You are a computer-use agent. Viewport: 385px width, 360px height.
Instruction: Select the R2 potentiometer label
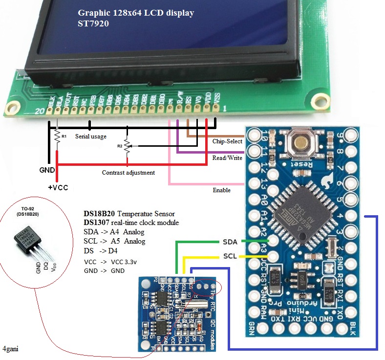point(119,146)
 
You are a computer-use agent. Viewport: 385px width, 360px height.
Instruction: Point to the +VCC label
point(58,188)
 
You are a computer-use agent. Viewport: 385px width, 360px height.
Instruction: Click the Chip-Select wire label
point(227,141)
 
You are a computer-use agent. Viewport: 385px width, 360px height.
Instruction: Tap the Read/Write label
point(227,158)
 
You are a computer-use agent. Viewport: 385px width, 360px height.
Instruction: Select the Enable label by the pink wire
point(222,189)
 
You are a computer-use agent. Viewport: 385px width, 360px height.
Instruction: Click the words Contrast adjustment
point(128,172)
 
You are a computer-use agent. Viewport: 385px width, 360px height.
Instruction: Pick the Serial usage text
point(91,136)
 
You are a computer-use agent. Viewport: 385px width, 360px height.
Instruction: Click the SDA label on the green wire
point(230,242)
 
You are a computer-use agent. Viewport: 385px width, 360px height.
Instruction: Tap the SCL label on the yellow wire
point(230,256)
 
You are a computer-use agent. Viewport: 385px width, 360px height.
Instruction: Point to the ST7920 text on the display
point(93,23)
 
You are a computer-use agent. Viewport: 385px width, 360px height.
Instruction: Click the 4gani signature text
point(11,349)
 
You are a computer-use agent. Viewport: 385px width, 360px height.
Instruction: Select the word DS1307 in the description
point(96,223)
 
